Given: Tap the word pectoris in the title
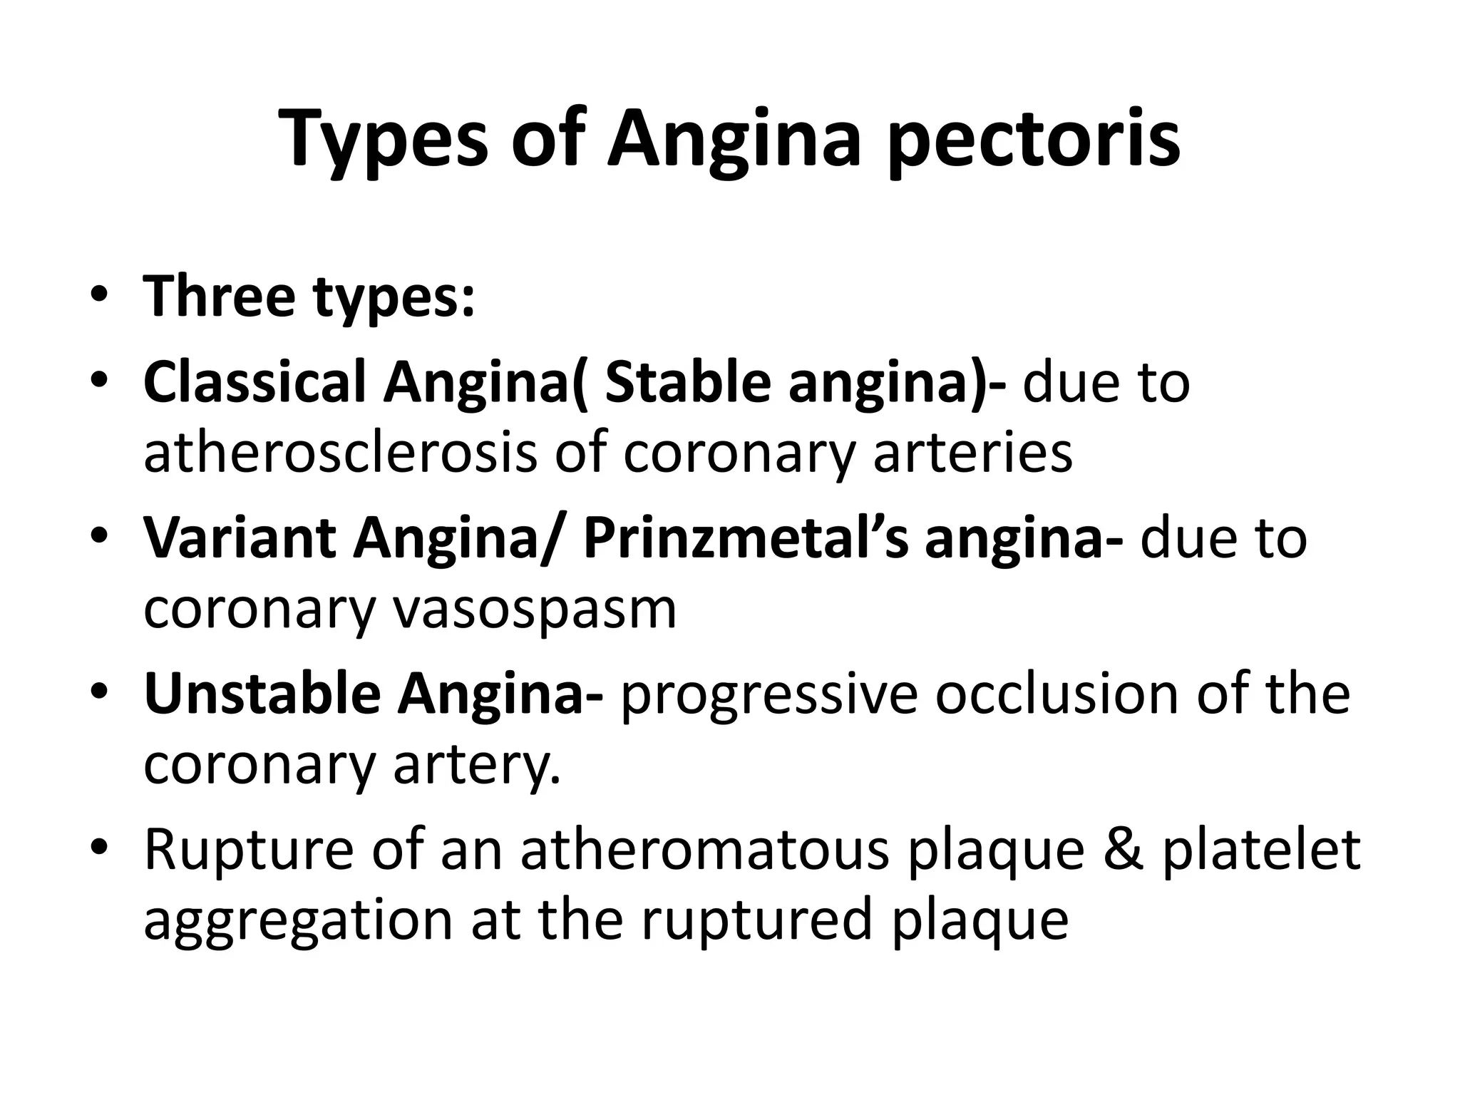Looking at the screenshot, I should (1034, 139).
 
